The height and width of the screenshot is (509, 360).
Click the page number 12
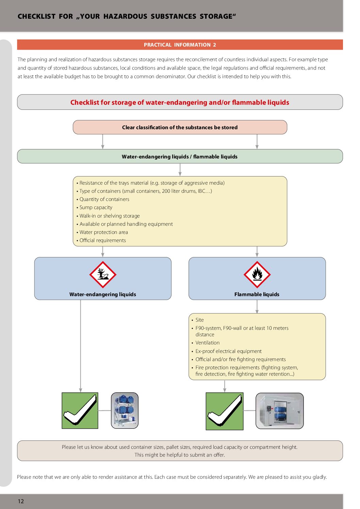click(x=21, y=501)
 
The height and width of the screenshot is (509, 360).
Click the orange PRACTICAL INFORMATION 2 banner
click(x=180, y=45)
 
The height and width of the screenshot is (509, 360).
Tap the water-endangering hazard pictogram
click(x=103, y=274)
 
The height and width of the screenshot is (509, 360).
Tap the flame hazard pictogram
click(x=257, y=274)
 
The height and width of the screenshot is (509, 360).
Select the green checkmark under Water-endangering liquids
click(x=80, y=410)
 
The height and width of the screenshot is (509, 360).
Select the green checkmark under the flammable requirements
click(x=225, y=411)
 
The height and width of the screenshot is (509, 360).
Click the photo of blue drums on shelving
click(x=125, y=410)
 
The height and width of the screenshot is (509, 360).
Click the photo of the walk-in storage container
click(x=279, y=411)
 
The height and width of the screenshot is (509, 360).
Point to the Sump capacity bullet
click(x=96, y=207)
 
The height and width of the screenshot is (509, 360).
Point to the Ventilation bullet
click(x=207, y=343)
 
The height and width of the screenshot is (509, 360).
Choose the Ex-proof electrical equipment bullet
click(x=228, y=351)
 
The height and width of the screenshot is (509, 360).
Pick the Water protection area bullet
click(x=103, y=232)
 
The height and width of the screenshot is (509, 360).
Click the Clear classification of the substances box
click(x=180, y=127)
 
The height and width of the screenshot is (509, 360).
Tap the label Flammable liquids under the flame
click(x=257, y=294)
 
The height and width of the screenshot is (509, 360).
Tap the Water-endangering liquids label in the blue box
click(x=102, y=294)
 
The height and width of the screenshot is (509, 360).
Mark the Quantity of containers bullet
click(x=104, y=199)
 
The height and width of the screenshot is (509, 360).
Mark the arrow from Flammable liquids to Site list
click(x=257, y=307)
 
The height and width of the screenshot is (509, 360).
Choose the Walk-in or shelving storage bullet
click(x=110, y=216)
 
